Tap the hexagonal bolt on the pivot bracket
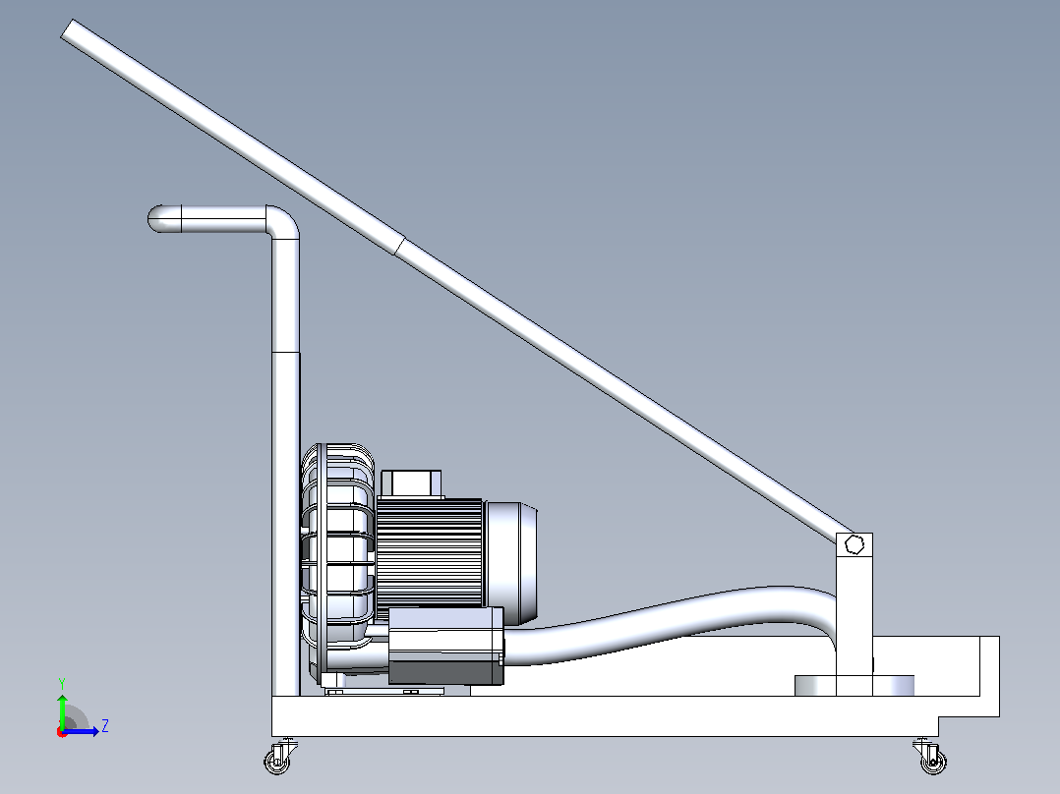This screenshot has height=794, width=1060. (x=854, y=544)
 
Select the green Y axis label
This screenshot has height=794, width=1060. (x=62, y=683)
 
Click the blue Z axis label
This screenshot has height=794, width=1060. (x=105, y=726)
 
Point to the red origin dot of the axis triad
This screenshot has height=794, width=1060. (x=62, y=732)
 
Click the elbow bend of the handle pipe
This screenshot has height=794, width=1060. (x=283, y=222)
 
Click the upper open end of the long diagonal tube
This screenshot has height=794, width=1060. (x=70, y=29)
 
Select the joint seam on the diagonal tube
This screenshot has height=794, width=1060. (x=399, y=246)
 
